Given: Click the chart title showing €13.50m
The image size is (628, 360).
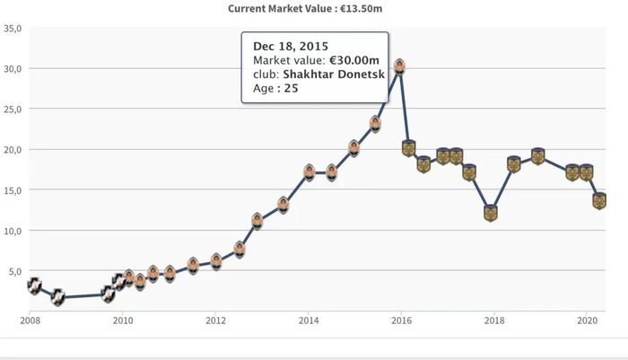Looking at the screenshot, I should pos(314,9).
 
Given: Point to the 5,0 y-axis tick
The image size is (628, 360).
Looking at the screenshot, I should pos(15,271).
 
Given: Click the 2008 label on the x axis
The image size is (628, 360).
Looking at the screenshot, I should pos(30,320).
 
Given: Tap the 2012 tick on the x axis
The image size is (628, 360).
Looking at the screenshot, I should pos(215,320).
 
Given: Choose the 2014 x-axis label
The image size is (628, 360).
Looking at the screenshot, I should pos(309,320).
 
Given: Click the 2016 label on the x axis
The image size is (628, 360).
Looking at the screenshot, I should pos(401,320).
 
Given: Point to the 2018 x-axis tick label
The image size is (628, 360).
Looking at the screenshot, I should pos(494,320).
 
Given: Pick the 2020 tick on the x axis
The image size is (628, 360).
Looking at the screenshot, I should pos(587,320).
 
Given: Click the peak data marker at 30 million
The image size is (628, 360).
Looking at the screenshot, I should pos(399,66).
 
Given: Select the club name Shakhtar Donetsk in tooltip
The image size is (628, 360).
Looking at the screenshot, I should pos(334,75).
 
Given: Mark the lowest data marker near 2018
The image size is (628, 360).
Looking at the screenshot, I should pos(491,213).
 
